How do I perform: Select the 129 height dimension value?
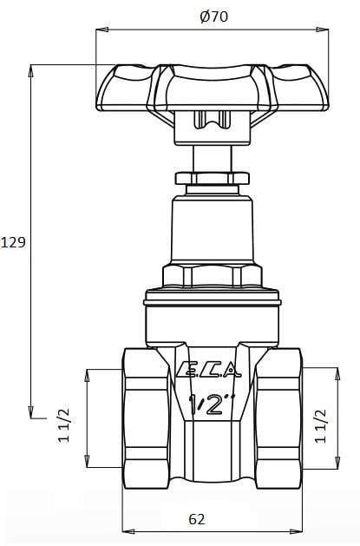point(13,242)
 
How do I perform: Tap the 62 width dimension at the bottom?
point(197,519)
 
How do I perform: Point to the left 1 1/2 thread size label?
point(64,425)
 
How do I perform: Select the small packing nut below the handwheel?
point(212,179)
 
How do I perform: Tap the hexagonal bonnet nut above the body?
point(212,277)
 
